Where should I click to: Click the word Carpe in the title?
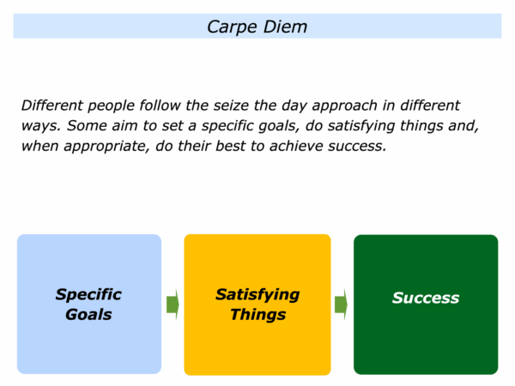pos(232,27)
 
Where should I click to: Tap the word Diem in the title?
pos(285,27)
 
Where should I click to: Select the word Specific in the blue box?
pos(88,295)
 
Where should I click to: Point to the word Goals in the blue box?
pos(88,315)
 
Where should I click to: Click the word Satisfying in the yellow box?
pos(257,295)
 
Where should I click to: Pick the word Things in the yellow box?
pos(257,315)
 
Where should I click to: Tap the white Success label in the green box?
pos(426,298)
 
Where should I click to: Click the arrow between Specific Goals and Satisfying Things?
pos(173,305)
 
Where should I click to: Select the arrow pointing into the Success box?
pos(341,305)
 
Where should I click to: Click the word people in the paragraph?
pos(111,106)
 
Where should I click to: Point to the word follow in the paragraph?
pos(160,106)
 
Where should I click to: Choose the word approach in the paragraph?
pos(344,106)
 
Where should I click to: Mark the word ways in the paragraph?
pos(39,127)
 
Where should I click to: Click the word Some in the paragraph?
pos(87,126)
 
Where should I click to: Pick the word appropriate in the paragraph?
pos(105,147)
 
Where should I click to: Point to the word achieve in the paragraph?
pos(296,146)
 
